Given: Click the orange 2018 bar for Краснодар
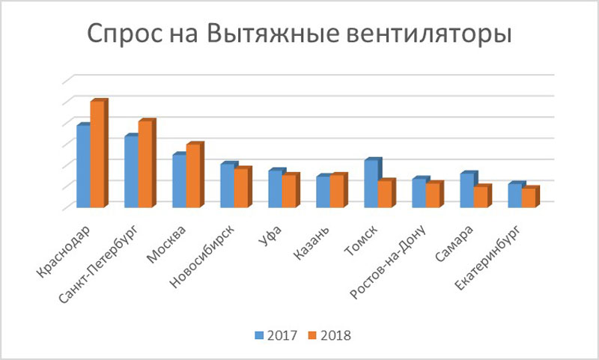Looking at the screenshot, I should [97, 155].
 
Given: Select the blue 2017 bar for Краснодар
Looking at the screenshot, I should [83, 167].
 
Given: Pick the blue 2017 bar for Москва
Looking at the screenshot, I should [179, 181].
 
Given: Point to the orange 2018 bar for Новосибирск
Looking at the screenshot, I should [241, 189].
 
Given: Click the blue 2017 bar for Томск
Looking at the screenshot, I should [371, 184].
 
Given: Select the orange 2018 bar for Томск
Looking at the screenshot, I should [385, 195].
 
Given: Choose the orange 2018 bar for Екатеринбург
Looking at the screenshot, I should [529, 198].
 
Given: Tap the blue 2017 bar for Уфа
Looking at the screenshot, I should [275, 189].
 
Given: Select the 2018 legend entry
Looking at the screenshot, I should [329, 335].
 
